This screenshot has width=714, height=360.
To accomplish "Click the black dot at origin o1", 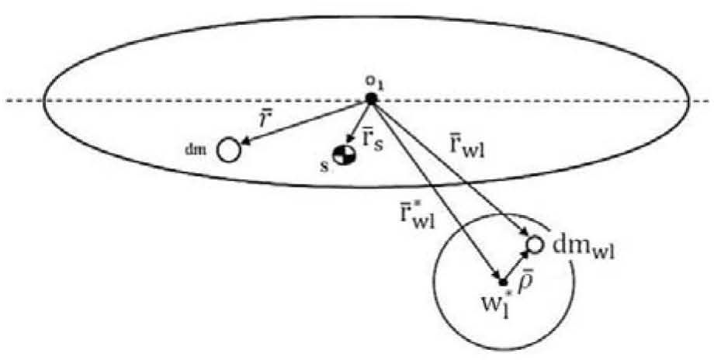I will click(x=372, y=99).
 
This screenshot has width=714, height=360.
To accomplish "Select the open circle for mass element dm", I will click(x=228, y=150).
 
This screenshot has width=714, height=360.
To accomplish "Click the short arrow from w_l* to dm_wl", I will click(x=516, y=265).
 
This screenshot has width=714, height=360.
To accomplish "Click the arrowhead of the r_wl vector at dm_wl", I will click(x=523, y=233).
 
